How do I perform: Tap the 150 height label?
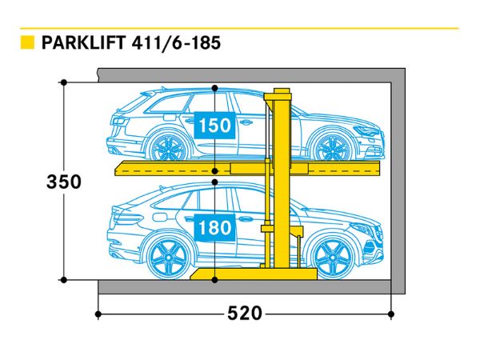click(x=214, y=126)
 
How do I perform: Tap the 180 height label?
click(x=214, y=228)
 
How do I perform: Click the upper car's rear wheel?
click(x=167, y=147)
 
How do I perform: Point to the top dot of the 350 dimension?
click(x=63, y=82)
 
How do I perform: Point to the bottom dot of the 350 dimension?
click(x=63, y=279)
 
